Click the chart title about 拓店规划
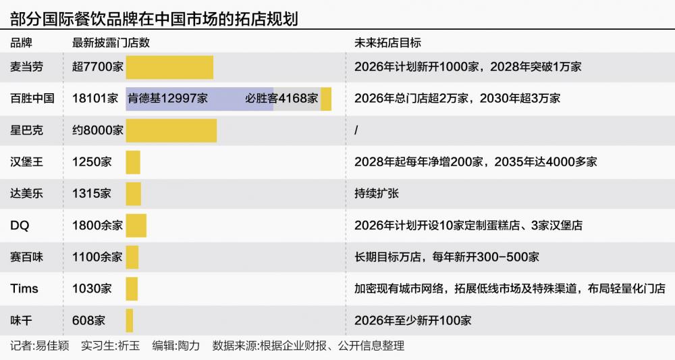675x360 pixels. point(154,17)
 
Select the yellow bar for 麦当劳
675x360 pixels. point(169,68)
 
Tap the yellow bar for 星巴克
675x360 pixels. point(171,130)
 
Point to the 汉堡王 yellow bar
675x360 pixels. point(133,162)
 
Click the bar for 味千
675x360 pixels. point(130,319)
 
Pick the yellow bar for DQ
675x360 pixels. point(136,226)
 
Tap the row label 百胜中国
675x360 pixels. point(32,99)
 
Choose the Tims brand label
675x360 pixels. point(24,288)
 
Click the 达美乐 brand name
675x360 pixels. point(26,194)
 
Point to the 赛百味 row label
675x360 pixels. point(26,257)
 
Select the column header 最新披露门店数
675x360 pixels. point(111,43)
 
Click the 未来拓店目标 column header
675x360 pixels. point(387,43)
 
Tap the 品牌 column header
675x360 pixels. point(21,43)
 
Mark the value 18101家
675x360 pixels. point(95,99)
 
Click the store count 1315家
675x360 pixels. point(92,194)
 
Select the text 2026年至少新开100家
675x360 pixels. point(412,319)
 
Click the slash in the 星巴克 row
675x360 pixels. point(356,130)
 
